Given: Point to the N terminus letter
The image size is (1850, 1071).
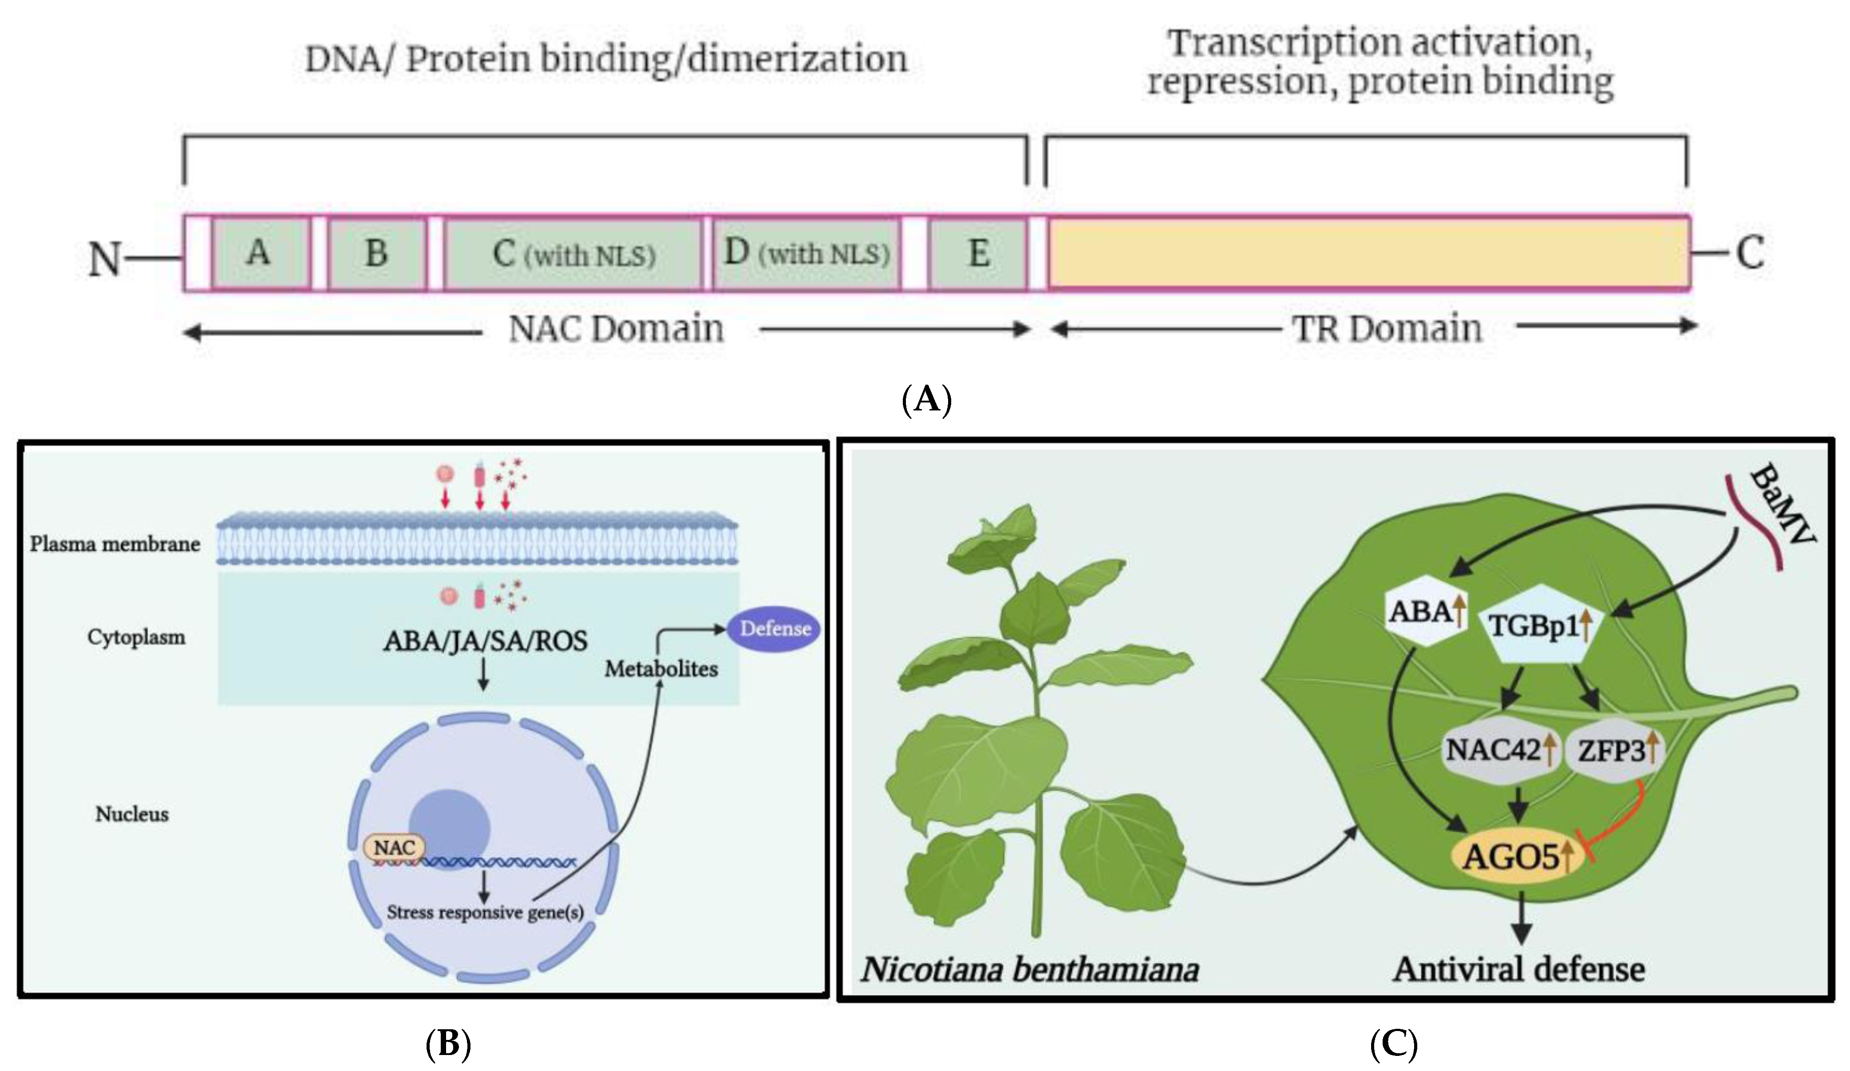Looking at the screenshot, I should [103, 259].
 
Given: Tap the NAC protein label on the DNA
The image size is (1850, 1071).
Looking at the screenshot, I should [394, 847].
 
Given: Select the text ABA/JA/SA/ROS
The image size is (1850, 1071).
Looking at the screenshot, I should [485, 641].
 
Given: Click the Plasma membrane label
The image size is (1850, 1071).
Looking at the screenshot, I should [115, 544].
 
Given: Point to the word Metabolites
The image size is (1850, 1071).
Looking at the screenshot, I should [661, 669].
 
